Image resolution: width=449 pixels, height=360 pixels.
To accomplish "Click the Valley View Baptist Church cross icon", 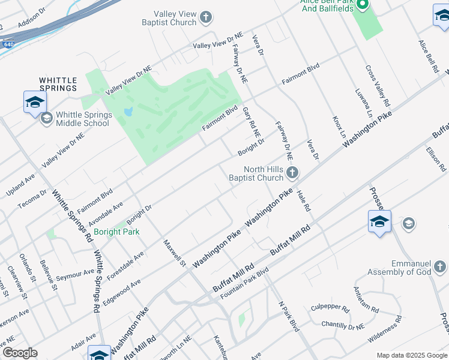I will click(206, 17).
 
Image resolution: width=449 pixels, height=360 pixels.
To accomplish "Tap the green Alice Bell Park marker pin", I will click(362, 5).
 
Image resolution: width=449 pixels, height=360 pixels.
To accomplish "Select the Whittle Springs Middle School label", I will click(83, 119).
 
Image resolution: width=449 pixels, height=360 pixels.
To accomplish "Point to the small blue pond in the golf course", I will click(127, 112).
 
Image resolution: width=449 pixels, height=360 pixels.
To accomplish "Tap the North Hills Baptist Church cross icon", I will click(292, 173).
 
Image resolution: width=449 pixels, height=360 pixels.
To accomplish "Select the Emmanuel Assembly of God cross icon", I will click(439, 266).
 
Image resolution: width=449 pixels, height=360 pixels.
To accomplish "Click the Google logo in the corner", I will click(19, 353).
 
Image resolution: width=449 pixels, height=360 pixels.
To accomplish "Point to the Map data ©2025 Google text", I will click(411, 355).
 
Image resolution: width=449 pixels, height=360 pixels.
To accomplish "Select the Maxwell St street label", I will click(175, 253).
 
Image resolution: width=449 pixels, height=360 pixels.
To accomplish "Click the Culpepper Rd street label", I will click(330, 307).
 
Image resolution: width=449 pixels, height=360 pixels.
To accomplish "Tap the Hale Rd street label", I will click(304, 200).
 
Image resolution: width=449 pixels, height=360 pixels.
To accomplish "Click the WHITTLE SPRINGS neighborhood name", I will click(58, 84).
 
